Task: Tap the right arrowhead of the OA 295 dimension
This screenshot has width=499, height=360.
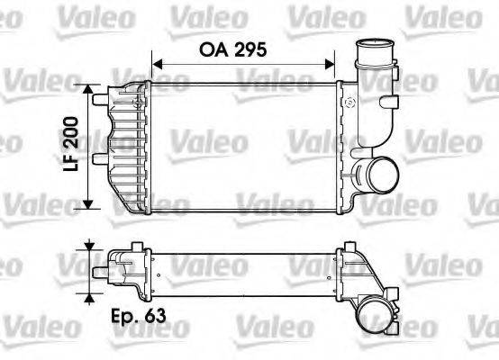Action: click(331, 64)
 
